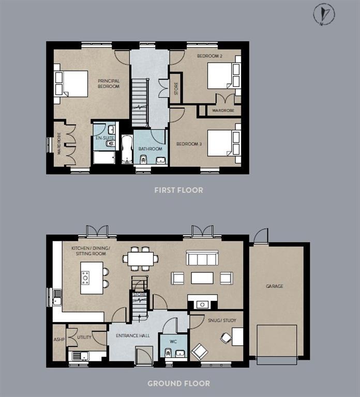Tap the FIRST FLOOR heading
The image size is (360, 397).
(178, 190)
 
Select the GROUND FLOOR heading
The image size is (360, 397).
(178, 384)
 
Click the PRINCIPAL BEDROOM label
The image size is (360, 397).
(109, 83)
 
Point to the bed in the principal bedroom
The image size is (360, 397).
(71, 83)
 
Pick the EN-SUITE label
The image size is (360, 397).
(104, 139)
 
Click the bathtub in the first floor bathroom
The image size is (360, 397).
(127, 149)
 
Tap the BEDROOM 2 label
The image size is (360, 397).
(209, 56)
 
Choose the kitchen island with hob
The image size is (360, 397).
(92, 278)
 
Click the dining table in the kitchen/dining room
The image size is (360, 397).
(140, 258)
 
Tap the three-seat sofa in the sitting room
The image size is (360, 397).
(201, 258)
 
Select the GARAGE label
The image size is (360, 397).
(274, 286)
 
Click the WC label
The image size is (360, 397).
(173, 342)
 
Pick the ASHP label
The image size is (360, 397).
(58, 340)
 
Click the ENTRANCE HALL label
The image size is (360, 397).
(132, 336)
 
